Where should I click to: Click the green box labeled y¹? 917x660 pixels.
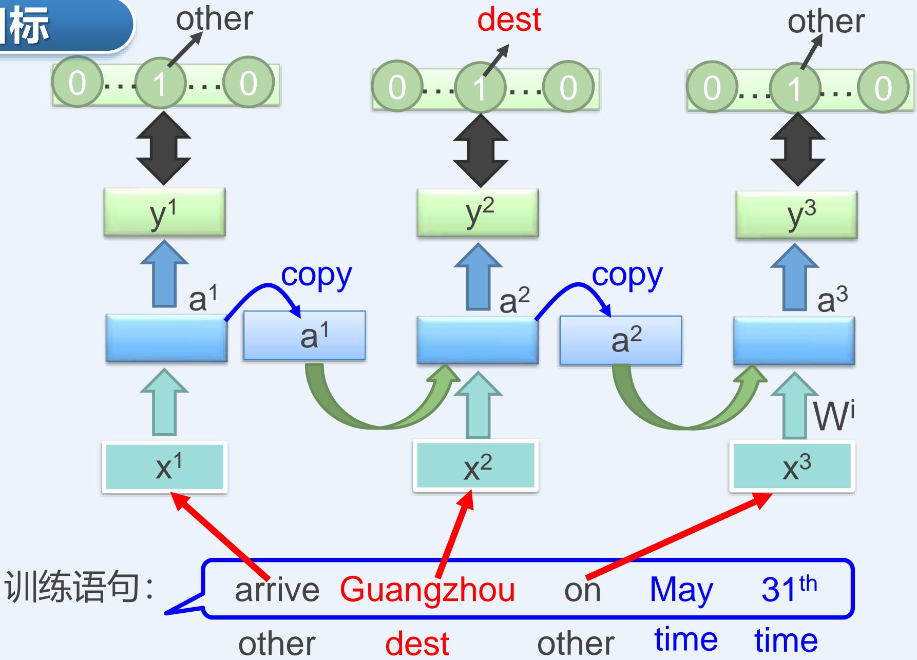(x=164, y=212)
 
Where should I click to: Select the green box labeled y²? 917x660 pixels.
(x=477, y=212)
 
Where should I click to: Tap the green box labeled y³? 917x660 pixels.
(x=796, y=215)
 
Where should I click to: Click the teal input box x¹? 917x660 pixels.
(x=164, y=467)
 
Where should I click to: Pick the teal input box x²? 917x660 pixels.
(x=476, y=465)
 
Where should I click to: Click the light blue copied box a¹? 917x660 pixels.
(x=304, y=335)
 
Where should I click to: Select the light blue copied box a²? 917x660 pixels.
(x=621, y=340)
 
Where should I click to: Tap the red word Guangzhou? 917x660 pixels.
(x=427, y=589)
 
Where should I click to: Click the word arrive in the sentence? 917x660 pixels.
(x=277, y=589)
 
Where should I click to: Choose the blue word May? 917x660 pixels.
(x=681, y=589)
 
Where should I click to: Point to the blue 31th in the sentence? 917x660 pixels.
(x=789, y=588)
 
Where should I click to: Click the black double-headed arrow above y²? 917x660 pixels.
(x=481, y=150)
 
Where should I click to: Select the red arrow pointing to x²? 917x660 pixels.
(x=454, y=534)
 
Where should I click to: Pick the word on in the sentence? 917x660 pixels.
(x=582, y=590)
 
